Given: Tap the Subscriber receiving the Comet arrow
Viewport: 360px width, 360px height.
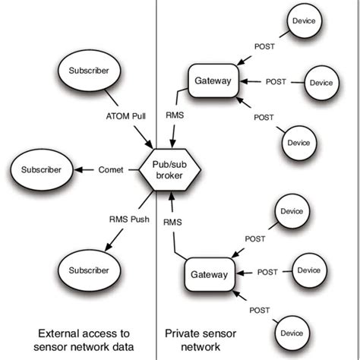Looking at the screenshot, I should tap(36, 169).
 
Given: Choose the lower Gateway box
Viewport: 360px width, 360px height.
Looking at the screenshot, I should tap(208, 275).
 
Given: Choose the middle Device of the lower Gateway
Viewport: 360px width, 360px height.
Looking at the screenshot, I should tap(309, 270).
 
